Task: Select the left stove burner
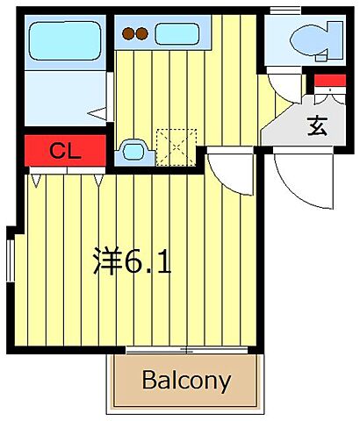[x=128, y=35]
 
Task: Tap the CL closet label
[x=65, y=150]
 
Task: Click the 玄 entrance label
[x=316, y=125]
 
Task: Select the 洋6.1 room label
[x=132, y=260]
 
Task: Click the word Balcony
[x=186, y=382]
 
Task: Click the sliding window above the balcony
[x=186, y=351]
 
